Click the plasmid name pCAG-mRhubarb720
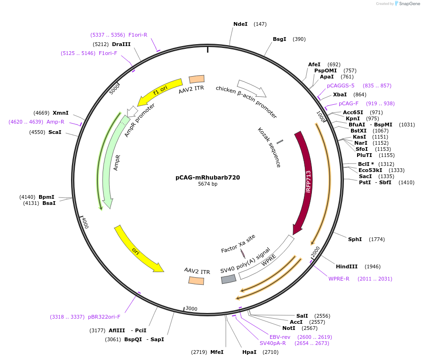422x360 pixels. [x=207, y=178]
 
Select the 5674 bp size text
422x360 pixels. [x=207, y=184]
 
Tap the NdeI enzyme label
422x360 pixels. [x=240, y=24]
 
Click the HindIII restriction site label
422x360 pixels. [x=346, y=266]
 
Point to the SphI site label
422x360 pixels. [x=355, y=239]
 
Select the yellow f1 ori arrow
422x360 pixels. [x=160, y=90]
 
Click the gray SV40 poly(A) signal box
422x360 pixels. [x=229, y=279]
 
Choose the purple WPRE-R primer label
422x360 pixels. [x=339, y=279]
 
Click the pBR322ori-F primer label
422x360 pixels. [x=104, y=317]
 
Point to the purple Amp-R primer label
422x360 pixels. [x=55, y=122]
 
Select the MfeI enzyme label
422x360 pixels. [x=216, y=352]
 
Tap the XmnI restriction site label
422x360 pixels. [x=60, y=113]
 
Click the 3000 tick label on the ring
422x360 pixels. [x=191, y=308]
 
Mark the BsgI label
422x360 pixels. [x=279, y=39]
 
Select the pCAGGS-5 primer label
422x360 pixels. [x=341, y=86]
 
